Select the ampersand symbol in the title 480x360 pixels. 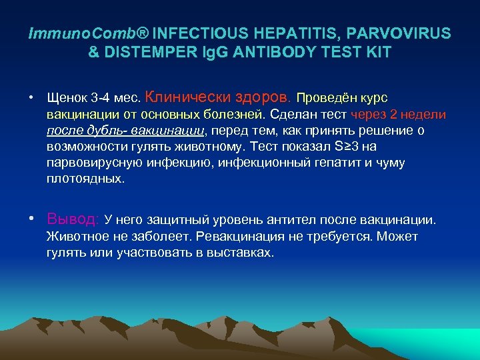pos(93,52)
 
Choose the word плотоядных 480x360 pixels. pos(85,179)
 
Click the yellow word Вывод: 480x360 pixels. pos(73,219)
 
